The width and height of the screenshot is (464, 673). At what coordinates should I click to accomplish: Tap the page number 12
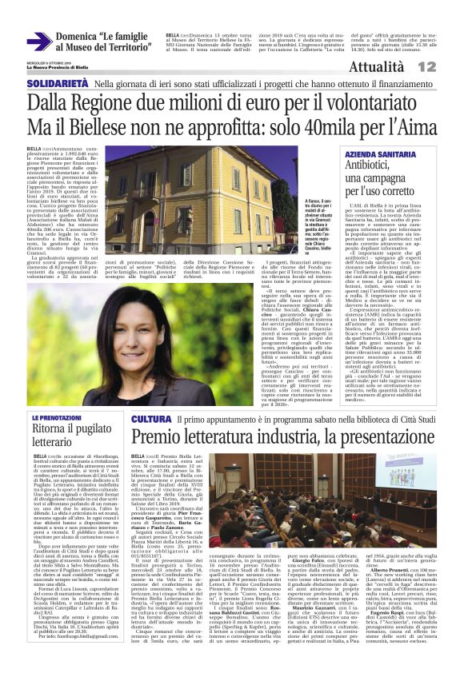coord(449,67)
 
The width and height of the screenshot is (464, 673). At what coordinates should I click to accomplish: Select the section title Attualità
coord(402,68)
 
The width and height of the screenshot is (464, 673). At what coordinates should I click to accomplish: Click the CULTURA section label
coord(151,419)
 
